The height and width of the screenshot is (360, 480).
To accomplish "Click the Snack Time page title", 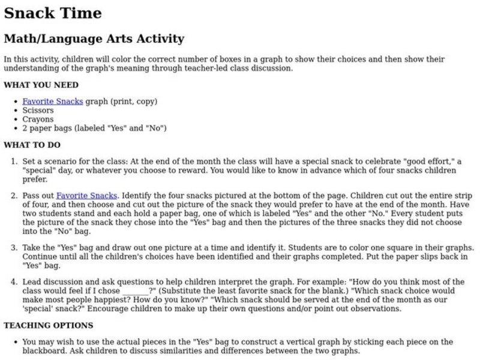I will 53,13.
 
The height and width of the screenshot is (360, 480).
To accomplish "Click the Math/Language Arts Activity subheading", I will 94,39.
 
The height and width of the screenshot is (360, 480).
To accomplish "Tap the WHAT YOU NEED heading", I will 41,85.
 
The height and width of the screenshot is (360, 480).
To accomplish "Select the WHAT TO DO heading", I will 32,145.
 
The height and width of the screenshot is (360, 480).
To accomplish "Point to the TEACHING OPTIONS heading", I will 48,325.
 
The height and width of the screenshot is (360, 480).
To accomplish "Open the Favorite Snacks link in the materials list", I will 53,101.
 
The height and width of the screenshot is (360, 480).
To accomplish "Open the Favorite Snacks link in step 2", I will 87,196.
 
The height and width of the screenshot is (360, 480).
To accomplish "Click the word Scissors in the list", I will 38,110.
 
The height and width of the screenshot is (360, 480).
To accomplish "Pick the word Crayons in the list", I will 38,119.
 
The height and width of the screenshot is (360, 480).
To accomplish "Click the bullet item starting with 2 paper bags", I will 94,128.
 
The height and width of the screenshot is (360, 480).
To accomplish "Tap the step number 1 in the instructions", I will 14,162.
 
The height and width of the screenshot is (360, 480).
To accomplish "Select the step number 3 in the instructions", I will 14,248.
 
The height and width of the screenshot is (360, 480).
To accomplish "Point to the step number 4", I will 14,282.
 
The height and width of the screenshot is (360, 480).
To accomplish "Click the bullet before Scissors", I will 15,110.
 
